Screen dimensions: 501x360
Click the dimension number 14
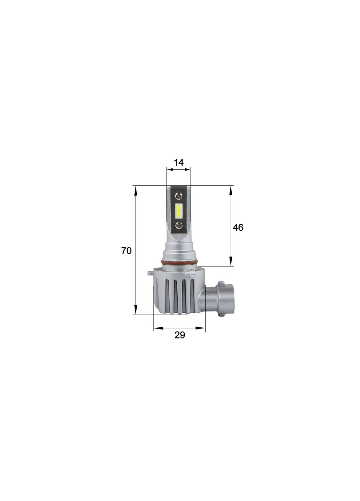pyautogui.click(x=178, y=162)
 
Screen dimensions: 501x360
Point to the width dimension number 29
pyautogui.click(x=179, y=335)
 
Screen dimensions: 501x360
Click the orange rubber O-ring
pyautogui.click(x=179, y=261)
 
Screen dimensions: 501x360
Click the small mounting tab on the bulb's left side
pyautogui.click(x=149, y=273)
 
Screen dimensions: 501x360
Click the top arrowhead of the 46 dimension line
pyautogui.click(x=231, y=190)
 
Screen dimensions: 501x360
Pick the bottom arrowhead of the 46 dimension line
pyautogui.click(x=231, y=263)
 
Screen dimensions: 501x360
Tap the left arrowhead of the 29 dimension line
pyautogui.click(x=157, y=328)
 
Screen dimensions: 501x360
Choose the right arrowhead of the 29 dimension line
pyautogui.click(x=202, y=328)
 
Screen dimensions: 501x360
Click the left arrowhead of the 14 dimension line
pyautogui.click(x=169, y=169)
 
